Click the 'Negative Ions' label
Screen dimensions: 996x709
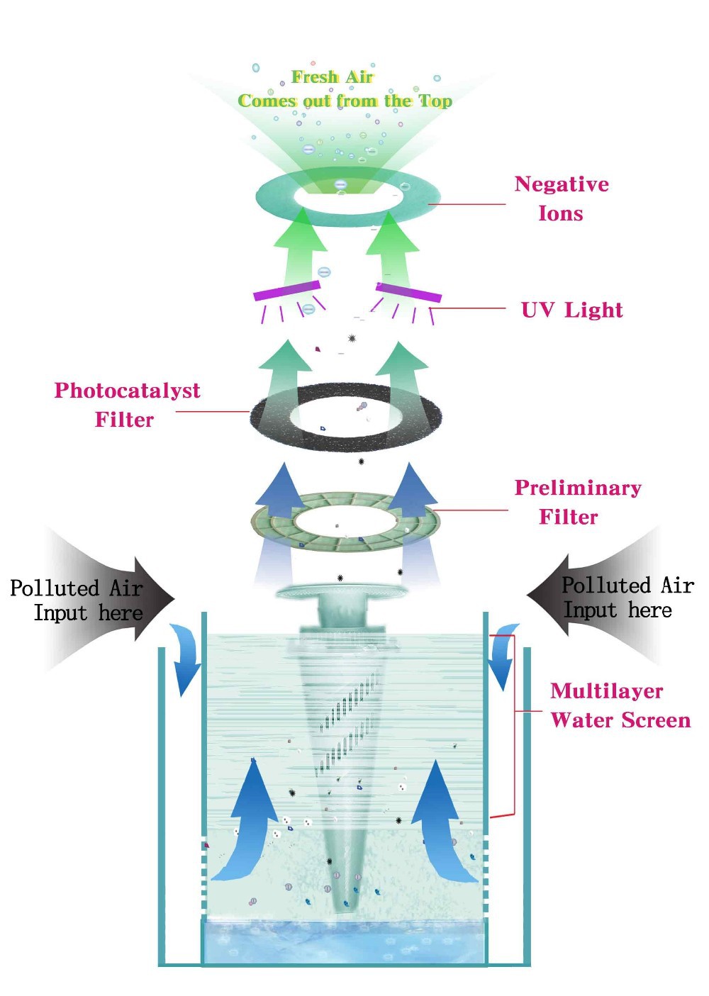coord(561,198)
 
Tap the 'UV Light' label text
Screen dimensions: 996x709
coord(571,310)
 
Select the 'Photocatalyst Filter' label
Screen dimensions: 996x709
coord(127,405)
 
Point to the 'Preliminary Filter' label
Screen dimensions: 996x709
coord(577,502)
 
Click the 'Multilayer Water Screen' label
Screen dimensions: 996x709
coord(620,705)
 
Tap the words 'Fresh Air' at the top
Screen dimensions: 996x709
coord(332,77)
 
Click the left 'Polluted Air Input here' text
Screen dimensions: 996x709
coord(77,600)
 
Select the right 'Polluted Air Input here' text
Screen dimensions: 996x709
coord(627,598)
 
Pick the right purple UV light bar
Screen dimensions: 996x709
coord(408,291)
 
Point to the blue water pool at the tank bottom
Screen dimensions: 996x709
coord(345,943)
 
